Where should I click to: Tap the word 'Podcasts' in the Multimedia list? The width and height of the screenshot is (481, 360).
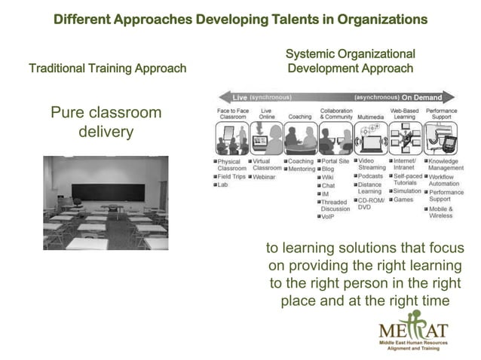[x=371, y=176]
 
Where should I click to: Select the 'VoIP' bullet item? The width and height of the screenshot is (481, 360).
[x=328, y=216]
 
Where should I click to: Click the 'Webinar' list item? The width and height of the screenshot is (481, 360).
[x=265, y=176]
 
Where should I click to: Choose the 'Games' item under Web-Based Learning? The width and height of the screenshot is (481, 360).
[x=403, y=200]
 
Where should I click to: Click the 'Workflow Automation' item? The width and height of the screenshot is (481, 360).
[x=444, y=180]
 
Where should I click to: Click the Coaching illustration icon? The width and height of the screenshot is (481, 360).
[x=300, y=141]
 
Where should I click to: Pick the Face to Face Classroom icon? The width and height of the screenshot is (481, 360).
[x=232, y=141]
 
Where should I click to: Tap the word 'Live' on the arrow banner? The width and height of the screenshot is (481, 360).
[x=240, y=97]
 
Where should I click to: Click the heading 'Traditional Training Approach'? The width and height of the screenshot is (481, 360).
[x=107, y=69]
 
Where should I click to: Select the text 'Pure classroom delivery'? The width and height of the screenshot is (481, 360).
[x=106, y=122]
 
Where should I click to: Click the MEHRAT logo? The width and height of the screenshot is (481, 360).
[x=414, y=331]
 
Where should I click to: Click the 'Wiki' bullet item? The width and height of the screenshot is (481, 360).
[x=328, y=177]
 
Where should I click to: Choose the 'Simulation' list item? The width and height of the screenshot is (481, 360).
[x=407, y=191]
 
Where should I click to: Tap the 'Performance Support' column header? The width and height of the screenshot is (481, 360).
[x=442, y=114]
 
